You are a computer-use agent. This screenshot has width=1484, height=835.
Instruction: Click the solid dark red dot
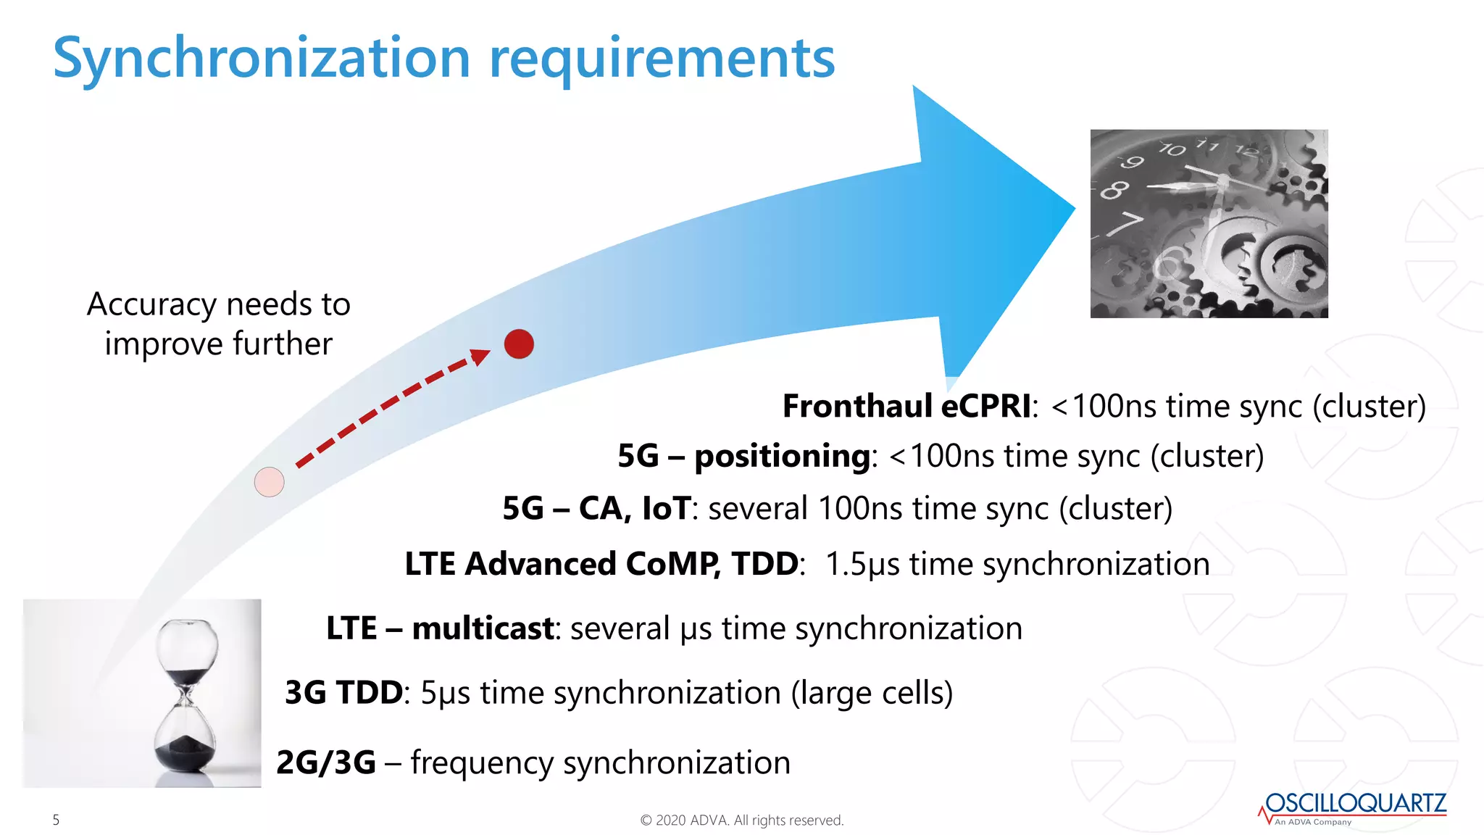[x=519, y=344]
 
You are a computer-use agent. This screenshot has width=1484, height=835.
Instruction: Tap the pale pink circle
[x=269, y=482]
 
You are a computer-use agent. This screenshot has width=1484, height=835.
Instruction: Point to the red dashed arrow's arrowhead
[x=480, y=356]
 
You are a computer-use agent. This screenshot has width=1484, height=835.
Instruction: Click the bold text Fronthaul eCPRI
[x=906, y=406]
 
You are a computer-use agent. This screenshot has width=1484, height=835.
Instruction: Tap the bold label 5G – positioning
[x=743, y=456]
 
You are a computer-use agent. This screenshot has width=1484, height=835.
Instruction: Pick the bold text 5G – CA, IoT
[x=596, y=508]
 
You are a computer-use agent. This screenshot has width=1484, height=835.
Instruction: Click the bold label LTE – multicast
[x=440, y=628]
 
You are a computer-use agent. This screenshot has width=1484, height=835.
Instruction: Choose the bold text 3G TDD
[x=343, y=692]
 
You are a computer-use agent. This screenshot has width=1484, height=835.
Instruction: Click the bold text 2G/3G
[x=326, y=763]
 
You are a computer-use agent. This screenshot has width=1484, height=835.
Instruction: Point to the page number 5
[x=56, y=820]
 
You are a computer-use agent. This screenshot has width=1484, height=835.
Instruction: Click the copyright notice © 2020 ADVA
[x=741, y=820]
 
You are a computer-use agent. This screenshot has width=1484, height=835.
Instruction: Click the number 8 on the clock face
[x=1114, y=190]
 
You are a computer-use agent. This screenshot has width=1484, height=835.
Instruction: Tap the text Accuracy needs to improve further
[x=218, y=323]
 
